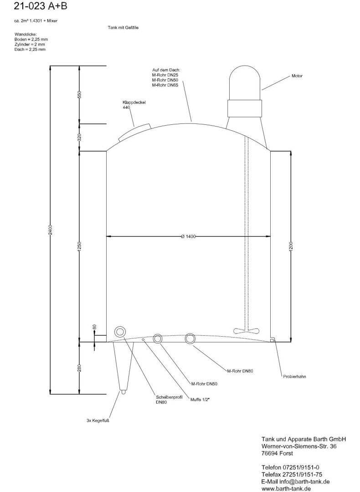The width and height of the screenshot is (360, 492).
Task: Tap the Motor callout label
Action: pos(297,76)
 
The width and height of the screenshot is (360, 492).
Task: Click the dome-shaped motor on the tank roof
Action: pos(244,82)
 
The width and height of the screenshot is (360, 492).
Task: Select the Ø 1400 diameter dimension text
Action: pos(188,236)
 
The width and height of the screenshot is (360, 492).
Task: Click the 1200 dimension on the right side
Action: pos(291,246)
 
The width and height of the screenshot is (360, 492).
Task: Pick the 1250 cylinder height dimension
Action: pos(79,246)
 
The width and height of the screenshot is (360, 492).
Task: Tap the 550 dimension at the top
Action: pos(79,95)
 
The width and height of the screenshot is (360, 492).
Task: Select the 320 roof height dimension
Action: pos(79,137)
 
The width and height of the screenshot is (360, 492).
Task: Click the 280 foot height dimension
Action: pos(79,368)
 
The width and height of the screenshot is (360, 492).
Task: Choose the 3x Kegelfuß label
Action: pos(98,420)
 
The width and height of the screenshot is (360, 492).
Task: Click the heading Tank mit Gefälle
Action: pos(123,28)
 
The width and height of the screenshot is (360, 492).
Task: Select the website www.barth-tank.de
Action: pos(286,488)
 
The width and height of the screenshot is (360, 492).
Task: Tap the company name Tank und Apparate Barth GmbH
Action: pos(303,439)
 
